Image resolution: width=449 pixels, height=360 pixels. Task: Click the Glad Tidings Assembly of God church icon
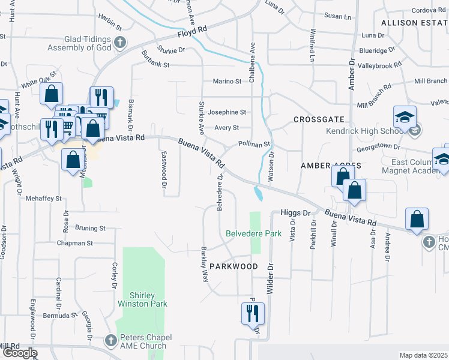pyautogui.click(x=121, y=43)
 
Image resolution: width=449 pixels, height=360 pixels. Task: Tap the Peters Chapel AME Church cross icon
pyautogui.click(x=110, y=340)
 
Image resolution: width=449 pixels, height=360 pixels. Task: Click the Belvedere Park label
pyautogui.click(x=253, y=233)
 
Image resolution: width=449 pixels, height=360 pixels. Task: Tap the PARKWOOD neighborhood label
pyautogui.click(x=233, y=266)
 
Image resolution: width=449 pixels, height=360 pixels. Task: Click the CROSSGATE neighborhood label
pyautogui.click(x=318, y=120)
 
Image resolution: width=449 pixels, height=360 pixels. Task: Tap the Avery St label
pyautogui.click(x=227, y=128)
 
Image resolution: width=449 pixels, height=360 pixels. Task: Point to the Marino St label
pyautogui.click(x=226, y=81)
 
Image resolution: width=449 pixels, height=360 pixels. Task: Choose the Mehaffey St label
pyautogui.click(x=43, y=198)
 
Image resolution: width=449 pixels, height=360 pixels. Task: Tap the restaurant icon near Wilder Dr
pyautogui.click(x=252, y=313)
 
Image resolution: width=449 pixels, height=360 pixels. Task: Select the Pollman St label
pyautogui.click(x=255, y=144)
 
